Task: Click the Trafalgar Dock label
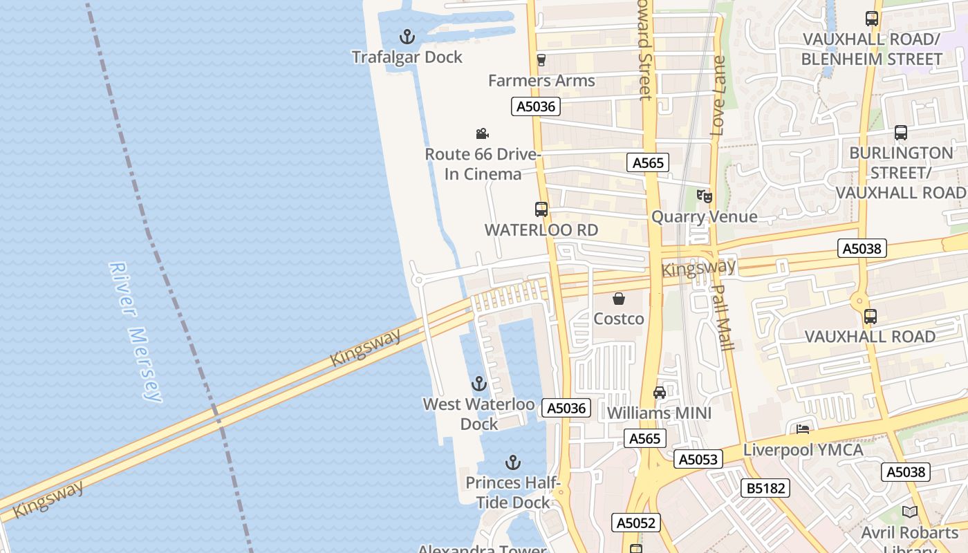point(407,57)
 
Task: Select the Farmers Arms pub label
point(541,81)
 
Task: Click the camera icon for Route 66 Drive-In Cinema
point(482,133)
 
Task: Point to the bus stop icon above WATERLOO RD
point(541,209)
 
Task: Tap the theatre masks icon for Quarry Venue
point(704,196)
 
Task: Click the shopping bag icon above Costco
point(619,299)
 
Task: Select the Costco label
point(619,319)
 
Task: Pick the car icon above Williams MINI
point(660,393)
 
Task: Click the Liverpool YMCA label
point(803,450)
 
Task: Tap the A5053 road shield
point(698,459)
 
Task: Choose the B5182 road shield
point(765,488)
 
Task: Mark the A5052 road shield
point(636,523)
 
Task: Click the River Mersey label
point(136,332)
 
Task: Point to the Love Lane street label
point(719,95)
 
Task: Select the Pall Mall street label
point(723,317)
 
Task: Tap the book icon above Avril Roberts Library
point(910,512)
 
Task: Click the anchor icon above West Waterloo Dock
point(478,384)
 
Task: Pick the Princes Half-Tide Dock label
point(513,492)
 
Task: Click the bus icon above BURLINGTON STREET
point(900,133)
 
